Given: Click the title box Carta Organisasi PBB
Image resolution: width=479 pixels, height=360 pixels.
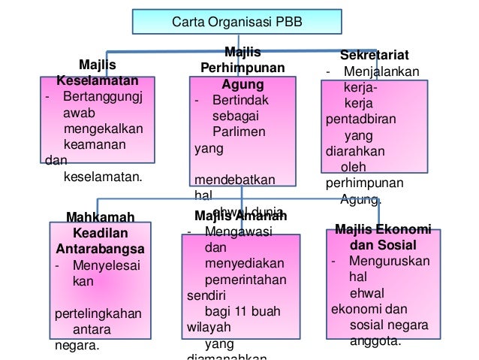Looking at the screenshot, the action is (x=238, y=21).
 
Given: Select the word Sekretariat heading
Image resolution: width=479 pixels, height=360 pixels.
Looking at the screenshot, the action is (x=375, y=56).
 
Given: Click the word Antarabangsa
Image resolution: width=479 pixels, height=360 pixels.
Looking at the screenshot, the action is (x=101, y=248).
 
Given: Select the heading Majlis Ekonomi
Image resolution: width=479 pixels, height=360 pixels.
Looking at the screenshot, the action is (x=383, y=229).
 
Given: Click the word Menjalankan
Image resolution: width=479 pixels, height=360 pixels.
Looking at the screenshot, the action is (x=382, y=72).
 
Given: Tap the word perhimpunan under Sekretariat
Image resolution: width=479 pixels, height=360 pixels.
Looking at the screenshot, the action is (x=364, y=182).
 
